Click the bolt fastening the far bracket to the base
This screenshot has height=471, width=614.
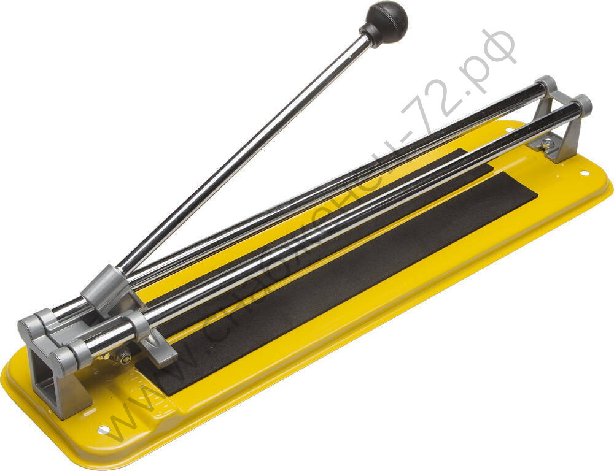click(x=546, y=143)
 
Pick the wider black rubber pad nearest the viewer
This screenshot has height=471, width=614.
click(x=344, y=282)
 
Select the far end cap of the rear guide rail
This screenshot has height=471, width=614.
click(x=546, y=84)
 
